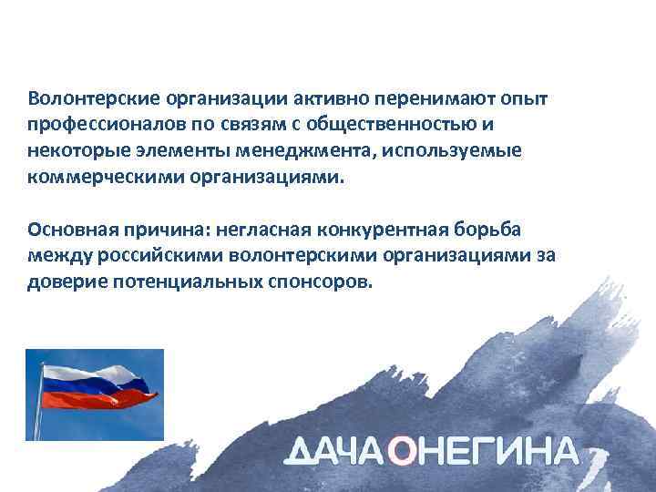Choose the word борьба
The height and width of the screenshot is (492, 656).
(472, 228)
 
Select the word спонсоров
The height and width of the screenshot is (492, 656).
(321, 281)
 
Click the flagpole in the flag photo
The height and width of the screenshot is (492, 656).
(38, 410)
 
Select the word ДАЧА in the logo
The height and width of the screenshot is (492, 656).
(336, 453)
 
